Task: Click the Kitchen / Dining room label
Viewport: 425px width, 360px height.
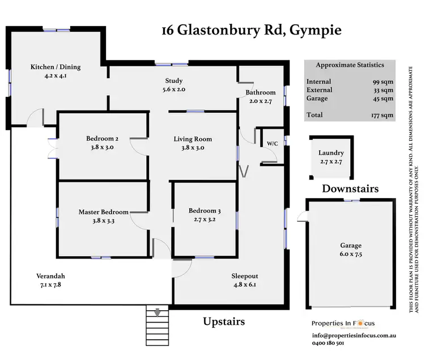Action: coord(56,67)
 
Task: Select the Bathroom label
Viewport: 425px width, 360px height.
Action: coord(260,93)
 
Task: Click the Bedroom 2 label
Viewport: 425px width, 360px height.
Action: coord(103,139)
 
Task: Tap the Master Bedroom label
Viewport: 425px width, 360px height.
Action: coord(103,212)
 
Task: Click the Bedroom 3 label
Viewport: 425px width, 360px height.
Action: coord(205,212)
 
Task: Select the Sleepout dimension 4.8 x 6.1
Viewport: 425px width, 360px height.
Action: coord(244,285)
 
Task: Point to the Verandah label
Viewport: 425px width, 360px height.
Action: coord(48,276)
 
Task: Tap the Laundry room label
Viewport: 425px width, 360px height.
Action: coord(331,153)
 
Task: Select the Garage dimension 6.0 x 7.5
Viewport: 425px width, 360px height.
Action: coord(351,255)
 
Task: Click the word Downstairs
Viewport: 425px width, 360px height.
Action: coord(350,188)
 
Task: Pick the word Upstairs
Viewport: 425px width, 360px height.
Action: coord(224,322)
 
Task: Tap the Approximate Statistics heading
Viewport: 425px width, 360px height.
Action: coord(350,65)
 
